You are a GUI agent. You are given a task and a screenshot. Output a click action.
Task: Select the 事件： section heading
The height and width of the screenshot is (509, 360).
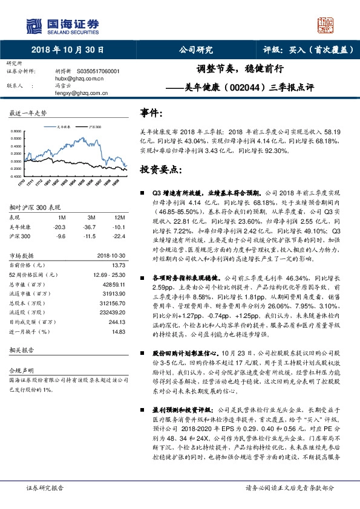(151, 112)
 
